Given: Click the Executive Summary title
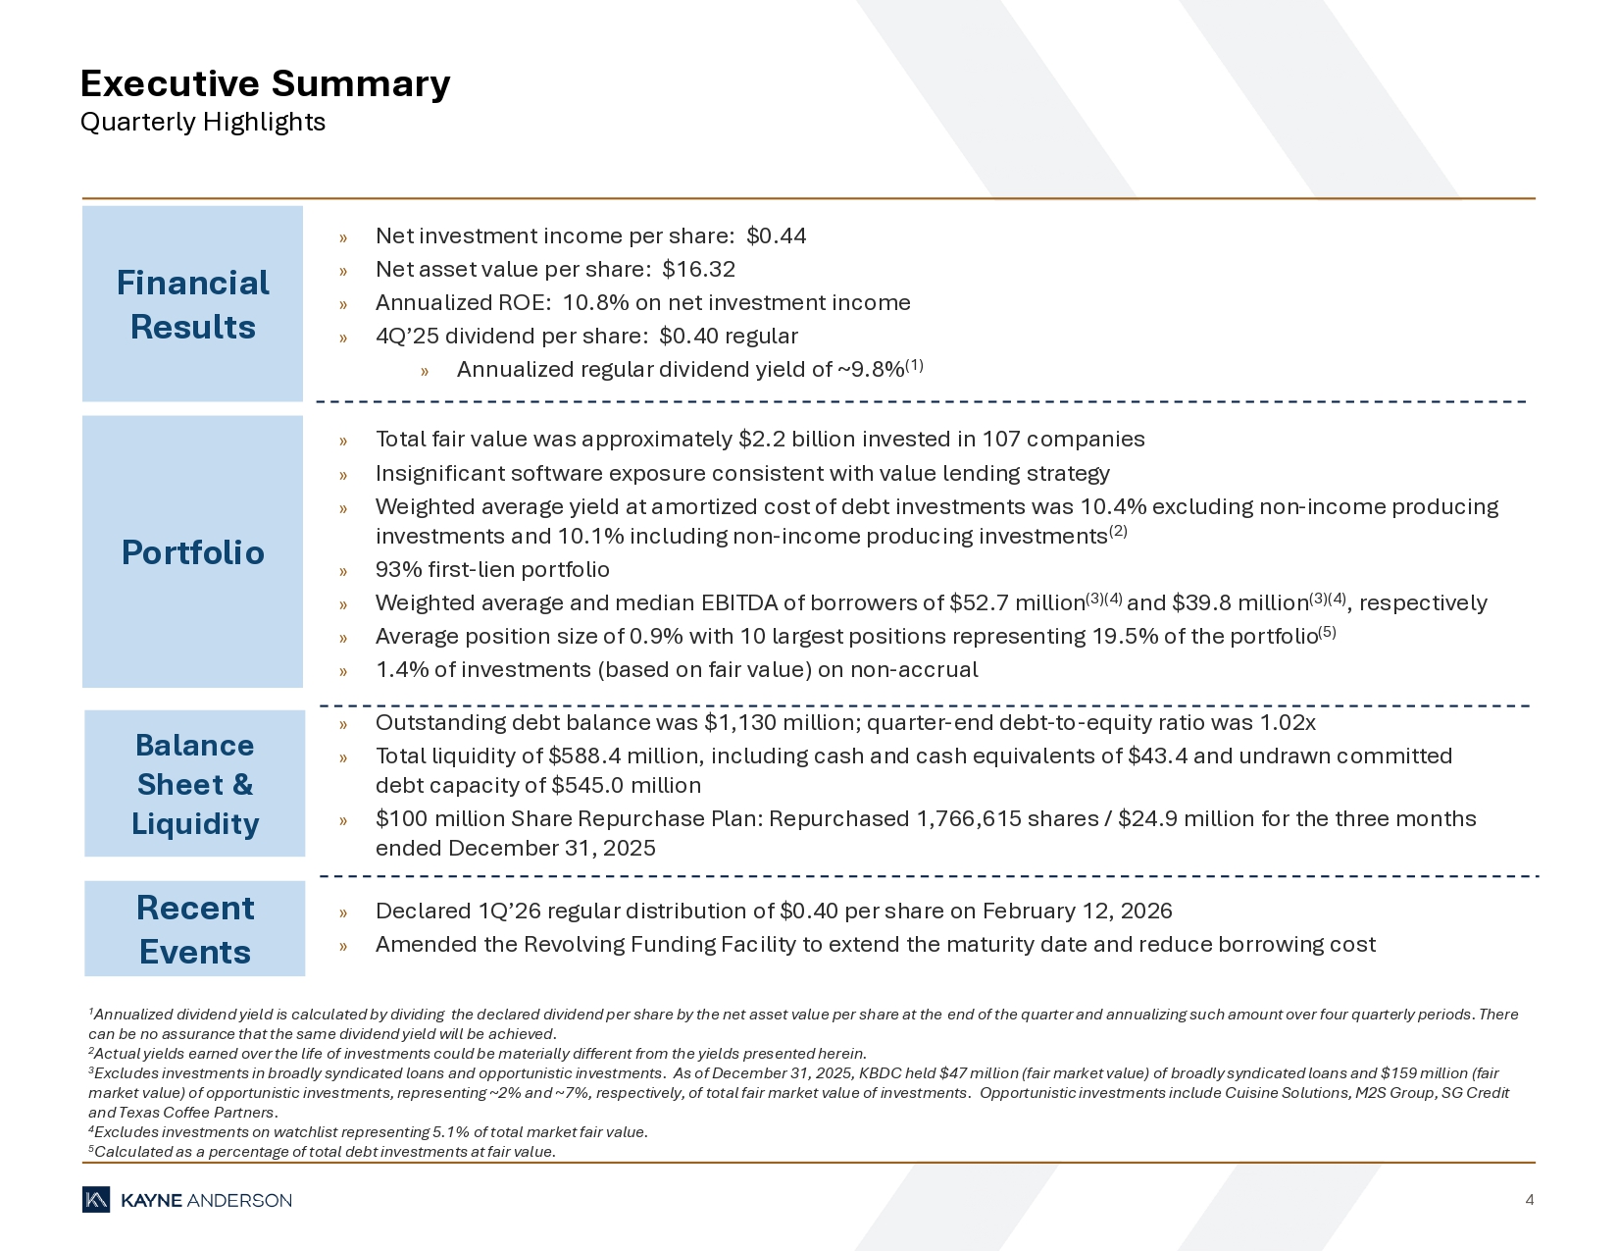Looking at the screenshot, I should click(x=265, y=83).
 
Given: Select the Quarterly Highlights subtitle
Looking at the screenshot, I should click(x=202, y=122).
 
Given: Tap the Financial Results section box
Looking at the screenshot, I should click(x=192, y=304).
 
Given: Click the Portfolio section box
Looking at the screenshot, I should click(x=192, y=552).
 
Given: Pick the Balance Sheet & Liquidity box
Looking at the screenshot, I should click(x=194, y=784).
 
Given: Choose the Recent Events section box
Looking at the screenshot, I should click(x=194, y=929).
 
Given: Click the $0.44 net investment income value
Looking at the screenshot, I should click(x=776, y=235).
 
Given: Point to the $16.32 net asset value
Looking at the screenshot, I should click(x=698, y=269).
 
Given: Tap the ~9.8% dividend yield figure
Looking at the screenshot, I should click(x=871, y=370).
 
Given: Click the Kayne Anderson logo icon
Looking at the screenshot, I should click(x=96, y=1200).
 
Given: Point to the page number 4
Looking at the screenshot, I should click(x=1529, y=1200).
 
